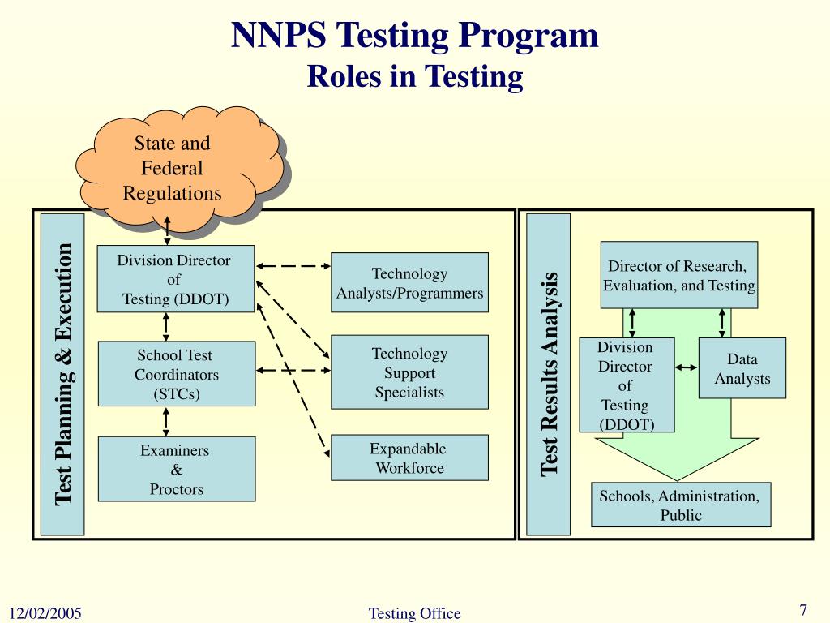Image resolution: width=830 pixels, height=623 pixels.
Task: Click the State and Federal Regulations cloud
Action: (172, 169)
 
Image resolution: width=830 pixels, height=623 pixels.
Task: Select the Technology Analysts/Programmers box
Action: (409, 282)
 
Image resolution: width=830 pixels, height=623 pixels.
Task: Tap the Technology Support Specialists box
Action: (409, 372)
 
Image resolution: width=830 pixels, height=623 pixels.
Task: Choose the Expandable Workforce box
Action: (409, 458)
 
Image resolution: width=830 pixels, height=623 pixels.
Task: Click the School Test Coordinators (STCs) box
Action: (177, 374)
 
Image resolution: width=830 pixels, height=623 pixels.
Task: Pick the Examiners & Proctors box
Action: (177, 469)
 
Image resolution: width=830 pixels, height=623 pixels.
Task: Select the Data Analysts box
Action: (742, 368)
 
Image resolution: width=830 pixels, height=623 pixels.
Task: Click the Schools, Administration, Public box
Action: (680, 505)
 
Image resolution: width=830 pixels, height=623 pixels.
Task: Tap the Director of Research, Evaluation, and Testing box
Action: (678, 275)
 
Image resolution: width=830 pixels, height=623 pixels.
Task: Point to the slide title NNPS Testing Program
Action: (415, 36)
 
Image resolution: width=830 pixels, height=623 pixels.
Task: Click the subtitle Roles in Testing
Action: (415, 77)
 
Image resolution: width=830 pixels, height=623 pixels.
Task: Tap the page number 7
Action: (804, 610)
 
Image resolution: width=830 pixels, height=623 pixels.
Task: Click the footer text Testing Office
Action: (414, 613)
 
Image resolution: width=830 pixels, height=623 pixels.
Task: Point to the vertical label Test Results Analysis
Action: (549, 373)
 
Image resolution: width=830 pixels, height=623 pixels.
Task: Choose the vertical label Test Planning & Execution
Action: (63, 373)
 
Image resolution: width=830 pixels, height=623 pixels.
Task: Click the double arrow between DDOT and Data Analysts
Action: (686, 367)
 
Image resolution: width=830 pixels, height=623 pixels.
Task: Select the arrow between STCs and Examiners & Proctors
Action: (166, 421)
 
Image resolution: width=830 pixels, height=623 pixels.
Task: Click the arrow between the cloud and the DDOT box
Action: (166, 230)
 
